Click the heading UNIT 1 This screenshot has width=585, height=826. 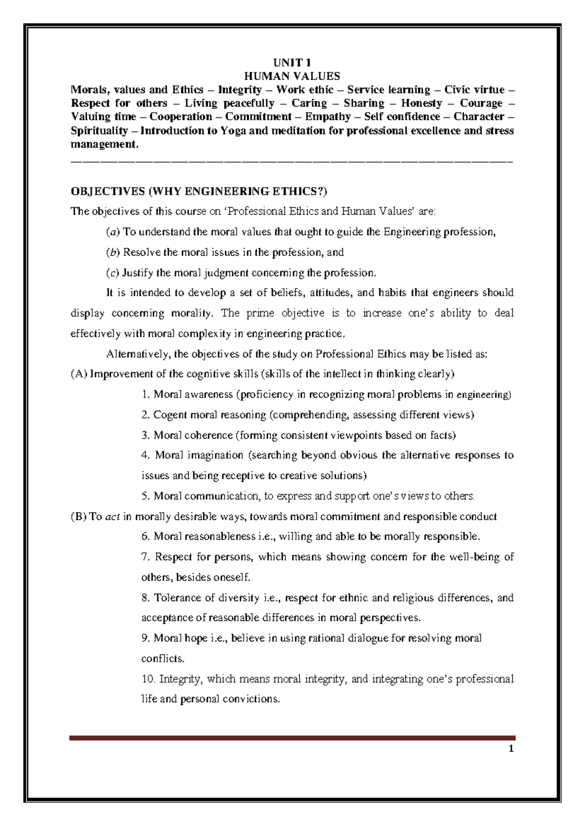(292, 62)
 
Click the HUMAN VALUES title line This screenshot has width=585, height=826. (292, 76)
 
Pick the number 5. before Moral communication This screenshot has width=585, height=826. (145, 496)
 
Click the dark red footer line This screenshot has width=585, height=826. (292, 738)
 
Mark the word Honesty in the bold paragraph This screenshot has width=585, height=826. (421, 103)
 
